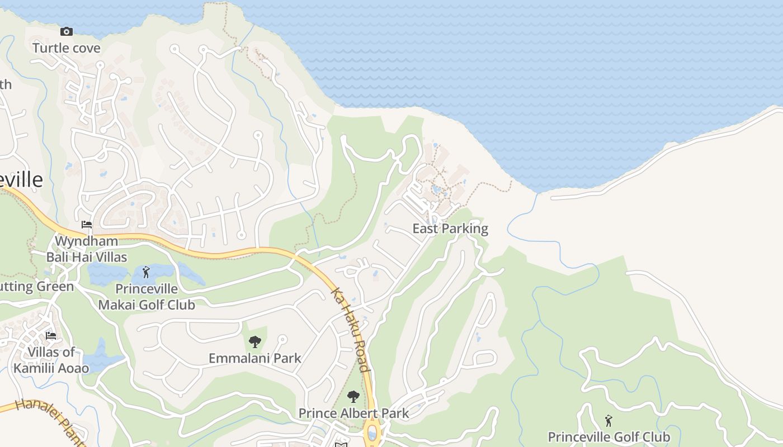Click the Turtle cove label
click(x=67, y=48)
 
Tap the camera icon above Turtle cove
click(x=67, y=31)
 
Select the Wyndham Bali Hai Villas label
click(x=87, y=249)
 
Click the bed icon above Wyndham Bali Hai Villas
click(x=87, y=225)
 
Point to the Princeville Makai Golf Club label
click(x=147, y=297)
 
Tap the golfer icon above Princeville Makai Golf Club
click(x=147, y=272)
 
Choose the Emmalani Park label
click(x=255, y=358)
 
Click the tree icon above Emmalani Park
click(x=255, y=341)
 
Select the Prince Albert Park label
click(x=353, y=413)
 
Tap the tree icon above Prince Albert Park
click(x=353, y=397)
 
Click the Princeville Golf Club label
click(x=609, y=437)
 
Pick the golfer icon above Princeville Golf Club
click(x=609, y=420)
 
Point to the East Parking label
click(x=450, y=229)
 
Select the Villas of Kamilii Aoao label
click(x=51, y=360)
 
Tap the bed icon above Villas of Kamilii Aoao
click(x=51, y=336)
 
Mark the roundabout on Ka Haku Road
click(x=371, y=433)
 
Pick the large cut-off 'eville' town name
click(x=21, y=180)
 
